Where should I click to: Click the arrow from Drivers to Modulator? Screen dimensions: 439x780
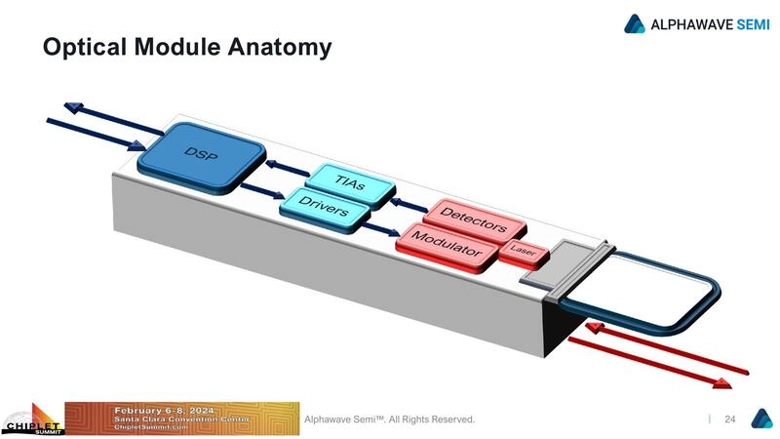382,230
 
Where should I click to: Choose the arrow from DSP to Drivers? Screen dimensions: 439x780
258,190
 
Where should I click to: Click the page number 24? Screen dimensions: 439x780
728,419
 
